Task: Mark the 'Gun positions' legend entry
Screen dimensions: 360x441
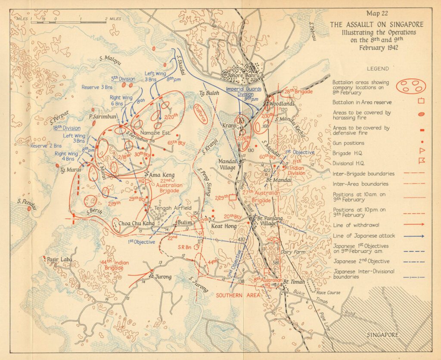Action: coord(348,143)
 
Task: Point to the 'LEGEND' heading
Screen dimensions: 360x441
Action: coord(378,68)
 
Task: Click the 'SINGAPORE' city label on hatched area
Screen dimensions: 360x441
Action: coord(382,335)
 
